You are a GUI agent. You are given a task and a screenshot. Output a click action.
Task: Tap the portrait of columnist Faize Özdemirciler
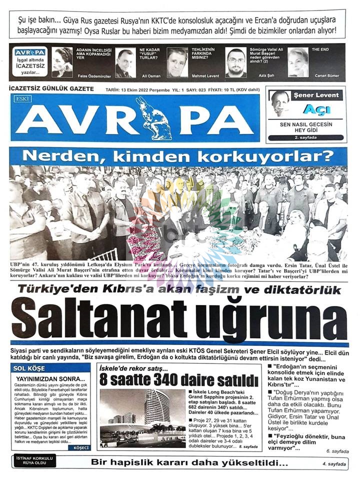click(62, 62)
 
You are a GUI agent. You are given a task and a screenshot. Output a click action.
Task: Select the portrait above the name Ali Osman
click(125, 62)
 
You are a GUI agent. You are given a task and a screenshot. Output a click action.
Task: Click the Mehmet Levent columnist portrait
click(177, 62)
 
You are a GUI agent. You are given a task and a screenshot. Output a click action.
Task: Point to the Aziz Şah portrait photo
click(236, 62)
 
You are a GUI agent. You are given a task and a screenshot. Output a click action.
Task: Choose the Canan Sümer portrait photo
click(298, 62)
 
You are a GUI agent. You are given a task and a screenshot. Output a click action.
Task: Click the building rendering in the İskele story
click(142, 417)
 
